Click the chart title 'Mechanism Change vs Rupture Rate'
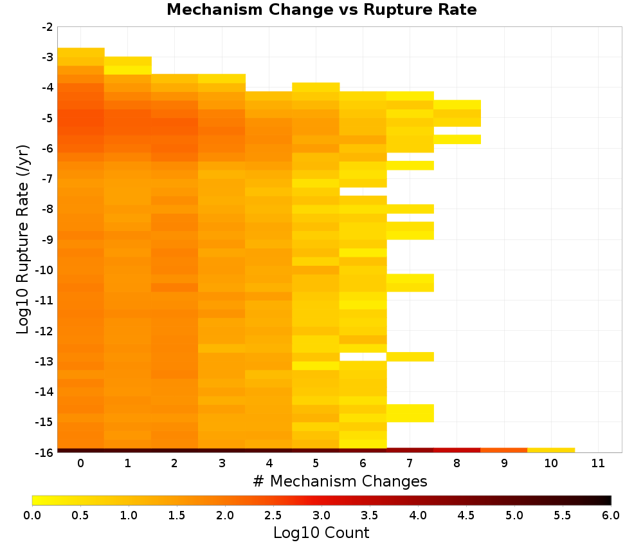(321, 10)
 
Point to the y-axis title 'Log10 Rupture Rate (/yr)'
(23, 239)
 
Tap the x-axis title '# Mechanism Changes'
(340, 481)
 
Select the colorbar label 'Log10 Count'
(321, 533)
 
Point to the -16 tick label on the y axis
(45, 452)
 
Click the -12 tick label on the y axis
(45, 331)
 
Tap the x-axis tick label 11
(598, 463)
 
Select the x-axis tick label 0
(81, 463)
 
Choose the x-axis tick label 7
(410, 463)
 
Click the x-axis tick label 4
(269, 463)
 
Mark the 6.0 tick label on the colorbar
(611, 515)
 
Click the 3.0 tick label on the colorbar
(321, 515)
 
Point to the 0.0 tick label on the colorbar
(32, 515)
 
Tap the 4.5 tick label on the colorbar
(466, 515)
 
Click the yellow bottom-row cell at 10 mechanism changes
(551, 450)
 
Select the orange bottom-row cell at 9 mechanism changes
(504, 450)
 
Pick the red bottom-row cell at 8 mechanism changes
(457, 450)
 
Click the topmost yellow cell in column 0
(81, 52)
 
